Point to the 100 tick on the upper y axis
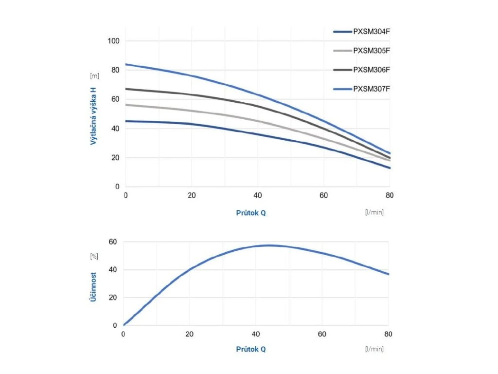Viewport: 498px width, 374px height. point(113,41)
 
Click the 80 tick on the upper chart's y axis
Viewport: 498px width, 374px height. point(115,70)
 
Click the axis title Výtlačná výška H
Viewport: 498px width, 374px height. point(93,114)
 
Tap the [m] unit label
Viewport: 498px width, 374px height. point(94,76)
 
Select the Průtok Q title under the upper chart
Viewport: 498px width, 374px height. point(251,213)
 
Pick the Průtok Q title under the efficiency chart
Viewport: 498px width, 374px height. point(251,349)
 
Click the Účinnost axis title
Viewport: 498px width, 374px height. point(93,286)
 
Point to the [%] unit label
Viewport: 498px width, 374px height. point(94,256)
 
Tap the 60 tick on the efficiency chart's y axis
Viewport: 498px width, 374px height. point(113,242)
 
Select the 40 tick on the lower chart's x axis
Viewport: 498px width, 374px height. point(255,335)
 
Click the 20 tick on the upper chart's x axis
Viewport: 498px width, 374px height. point(192,196)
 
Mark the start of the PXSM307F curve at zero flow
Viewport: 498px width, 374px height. point(126,64)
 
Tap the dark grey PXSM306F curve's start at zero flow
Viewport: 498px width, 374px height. point(126,89)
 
